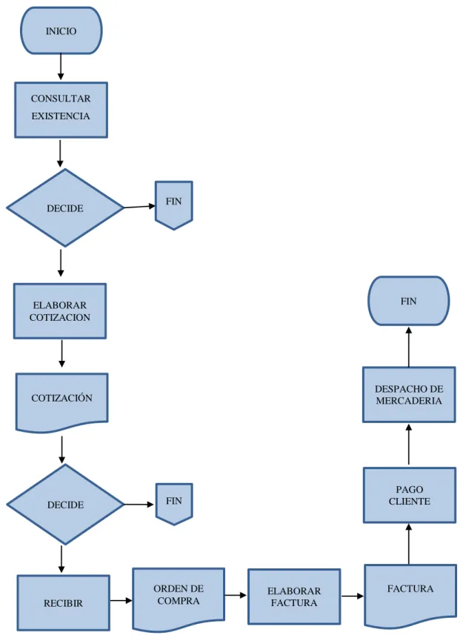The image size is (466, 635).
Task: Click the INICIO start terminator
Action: pyautogui.click(x=61, y=31)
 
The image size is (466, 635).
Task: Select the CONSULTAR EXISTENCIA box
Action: pyautogui.click(x=61, y=110)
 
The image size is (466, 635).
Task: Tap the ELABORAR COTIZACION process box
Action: pyautogui.click(x=60, y=311)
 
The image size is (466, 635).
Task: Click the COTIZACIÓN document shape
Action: pyautogui.click(x=62, y=402)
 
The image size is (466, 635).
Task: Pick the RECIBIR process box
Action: pyautogui.click(x=63, y=602)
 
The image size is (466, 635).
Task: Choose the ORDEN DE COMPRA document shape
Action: pyautogui.click(x=179, y=599)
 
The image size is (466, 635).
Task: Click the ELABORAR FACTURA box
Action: pyautogui.click(x=294, y=596)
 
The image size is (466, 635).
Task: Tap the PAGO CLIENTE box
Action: pyautogui.click(x=409, y=495)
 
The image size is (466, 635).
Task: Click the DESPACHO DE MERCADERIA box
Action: pyautogui.click(x=409, y=394)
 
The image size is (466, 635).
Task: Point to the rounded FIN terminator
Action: pyautogui.click(x=408, y=301)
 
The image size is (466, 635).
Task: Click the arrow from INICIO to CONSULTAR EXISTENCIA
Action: pyautogui.click(x=61, y=67)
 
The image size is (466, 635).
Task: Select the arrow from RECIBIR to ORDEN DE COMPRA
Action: pyautogui.click(x=121, y=601)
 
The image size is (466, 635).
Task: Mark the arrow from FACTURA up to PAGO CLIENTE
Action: pyautogui.click(x=409, y=544)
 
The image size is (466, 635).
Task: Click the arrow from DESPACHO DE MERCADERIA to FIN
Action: pyautogui.click(x=409, y=347)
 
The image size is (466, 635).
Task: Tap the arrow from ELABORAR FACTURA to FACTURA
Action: pyautogui.click(x=353, y=596)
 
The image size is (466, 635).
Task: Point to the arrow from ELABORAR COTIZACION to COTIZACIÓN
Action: pyautogui.click(x=61, y=353)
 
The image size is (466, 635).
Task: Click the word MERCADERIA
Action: pyautogui.click(x=409, y=401)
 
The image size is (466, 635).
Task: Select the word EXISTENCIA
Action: pyautogui.click(x=61, y=116)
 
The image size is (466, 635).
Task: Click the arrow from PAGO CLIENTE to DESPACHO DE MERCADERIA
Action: pyautogui.click(x=409, y=445)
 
